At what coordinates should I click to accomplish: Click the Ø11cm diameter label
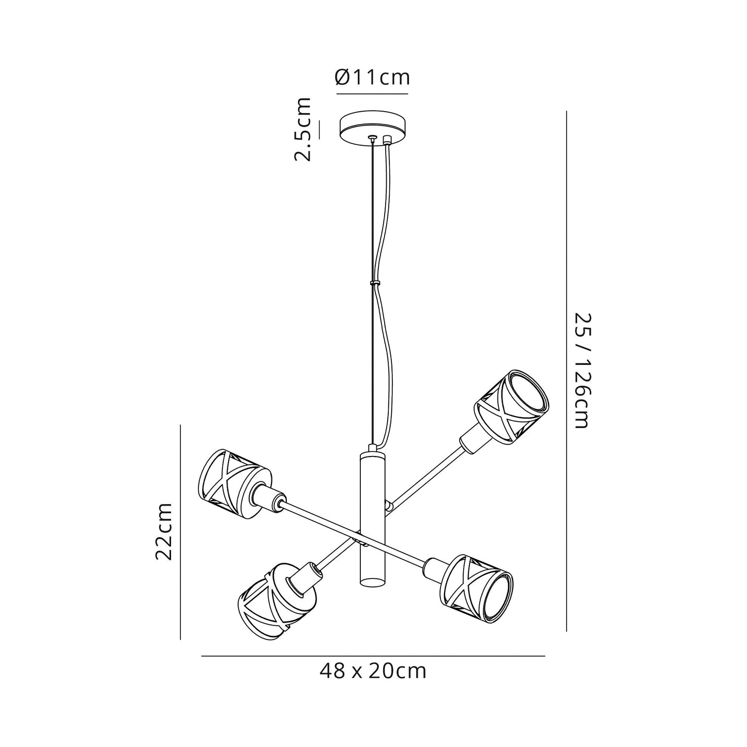372,78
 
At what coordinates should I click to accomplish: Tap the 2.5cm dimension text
303,129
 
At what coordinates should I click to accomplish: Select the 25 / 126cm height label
581,371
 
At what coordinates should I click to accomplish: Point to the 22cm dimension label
163,531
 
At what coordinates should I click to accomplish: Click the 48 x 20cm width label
373,672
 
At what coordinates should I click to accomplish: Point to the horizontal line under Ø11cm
372,94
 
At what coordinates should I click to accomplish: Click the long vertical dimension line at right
567,371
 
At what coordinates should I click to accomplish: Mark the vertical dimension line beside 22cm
180,531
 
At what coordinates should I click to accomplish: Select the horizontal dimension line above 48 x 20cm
373,656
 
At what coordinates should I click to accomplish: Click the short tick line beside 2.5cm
319,130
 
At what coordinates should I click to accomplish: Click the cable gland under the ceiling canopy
386,140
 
